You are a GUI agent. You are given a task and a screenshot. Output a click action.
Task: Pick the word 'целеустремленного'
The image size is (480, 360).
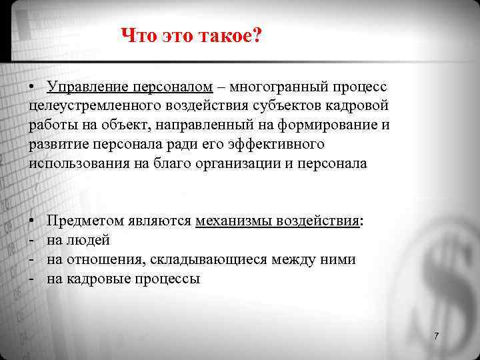pos(91,106)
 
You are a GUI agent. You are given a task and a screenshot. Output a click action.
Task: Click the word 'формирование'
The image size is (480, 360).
pos(313,125)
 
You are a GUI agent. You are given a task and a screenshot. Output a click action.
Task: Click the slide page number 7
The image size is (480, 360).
pos(436,336)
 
